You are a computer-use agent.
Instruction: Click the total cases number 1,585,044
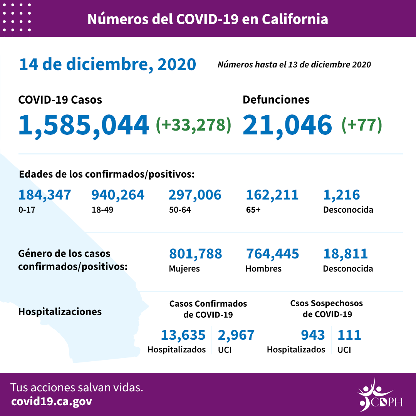[x=84, y=125]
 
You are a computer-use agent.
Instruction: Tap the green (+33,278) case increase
[x=193, y=124]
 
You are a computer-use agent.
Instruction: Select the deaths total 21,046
[x=287, y=125]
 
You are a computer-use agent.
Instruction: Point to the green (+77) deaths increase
[x=361, y=124]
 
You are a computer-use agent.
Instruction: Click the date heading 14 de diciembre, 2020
[x=107, y=64]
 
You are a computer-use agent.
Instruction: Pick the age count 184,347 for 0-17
[x=45, y=195]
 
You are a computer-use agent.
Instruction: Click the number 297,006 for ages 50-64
[x=195, y=195]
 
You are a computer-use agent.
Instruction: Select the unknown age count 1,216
[x=342, y=195]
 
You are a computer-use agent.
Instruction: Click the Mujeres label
[x=184, y=268]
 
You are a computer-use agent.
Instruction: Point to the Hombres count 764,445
[x=272, y=254]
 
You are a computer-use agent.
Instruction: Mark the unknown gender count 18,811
[x=346, y=254]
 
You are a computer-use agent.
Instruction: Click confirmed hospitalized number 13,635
[x=183, y=335]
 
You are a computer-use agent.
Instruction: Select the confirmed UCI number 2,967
[x=236, y=335]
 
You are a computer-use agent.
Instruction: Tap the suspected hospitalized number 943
[x=313, y=335]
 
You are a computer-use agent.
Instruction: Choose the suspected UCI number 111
[x=349, y=335]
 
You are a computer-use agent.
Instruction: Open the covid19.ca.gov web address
[x=52, y=401]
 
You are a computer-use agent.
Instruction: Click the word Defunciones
[x=276, y=100]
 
